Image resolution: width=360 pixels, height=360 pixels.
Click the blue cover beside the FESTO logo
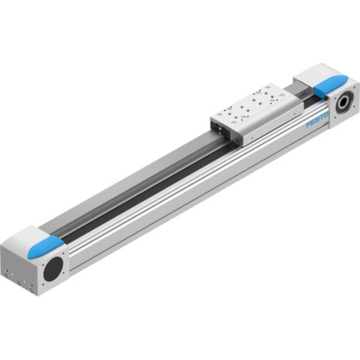pyautogui.click(x=328, y=87)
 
